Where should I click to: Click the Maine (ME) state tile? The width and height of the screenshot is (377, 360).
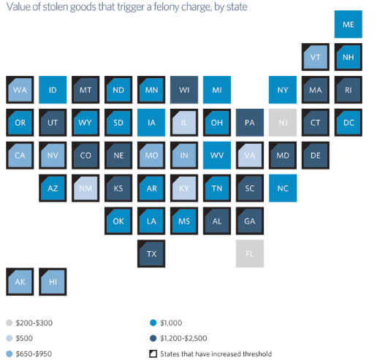(x=348, y=24)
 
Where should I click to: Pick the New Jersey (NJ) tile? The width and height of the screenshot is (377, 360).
(x=283, y=122)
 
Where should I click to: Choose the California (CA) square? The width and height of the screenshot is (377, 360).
(x=20, y=154)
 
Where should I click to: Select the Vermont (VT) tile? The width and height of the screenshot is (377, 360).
(x=315, y=57)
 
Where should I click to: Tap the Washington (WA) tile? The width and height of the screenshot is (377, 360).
(x=20, y=89)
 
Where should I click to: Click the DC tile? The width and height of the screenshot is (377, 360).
(x=348, y=122)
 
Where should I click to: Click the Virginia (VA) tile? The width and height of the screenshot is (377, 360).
(x=250, y=154)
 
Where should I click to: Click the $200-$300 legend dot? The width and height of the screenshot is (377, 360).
(x=9, y=322)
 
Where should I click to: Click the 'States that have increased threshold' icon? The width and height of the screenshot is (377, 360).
(x=153, y=353)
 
